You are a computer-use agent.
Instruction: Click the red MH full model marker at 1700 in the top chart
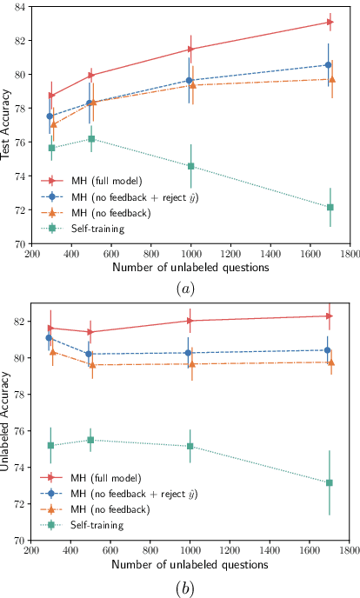(x=330, y=22)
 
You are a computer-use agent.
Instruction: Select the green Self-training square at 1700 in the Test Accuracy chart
(x=330, y=207)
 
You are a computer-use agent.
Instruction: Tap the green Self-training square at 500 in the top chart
(x=91, y=139)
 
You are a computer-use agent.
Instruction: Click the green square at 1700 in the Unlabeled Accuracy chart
(x=330, y=482)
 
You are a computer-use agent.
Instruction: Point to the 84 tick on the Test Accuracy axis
(x=22, y=7)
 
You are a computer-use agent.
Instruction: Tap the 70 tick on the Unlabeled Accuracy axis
(x=22, y=540)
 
